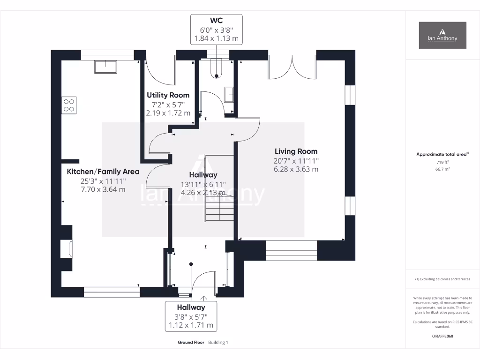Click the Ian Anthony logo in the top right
[x=442, y=35]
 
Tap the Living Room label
[x=296, y=151]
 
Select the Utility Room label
[x=168, y=95]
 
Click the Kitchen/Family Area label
[x=103, y=172]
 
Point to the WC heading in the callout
[x=217, y=21]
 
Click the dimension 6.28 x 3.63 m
[x=296, y=169]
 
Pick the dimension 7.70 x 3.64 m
[x=103, y=189]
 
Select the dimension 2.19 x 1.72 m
[x=168, y=113]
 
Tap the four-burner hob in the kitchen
[x=69, y=105]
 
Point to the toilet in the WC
[x=216, y=68]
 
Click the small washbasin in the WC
[x=229, y=94]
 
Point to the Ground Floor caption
[x=191, y=343]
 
